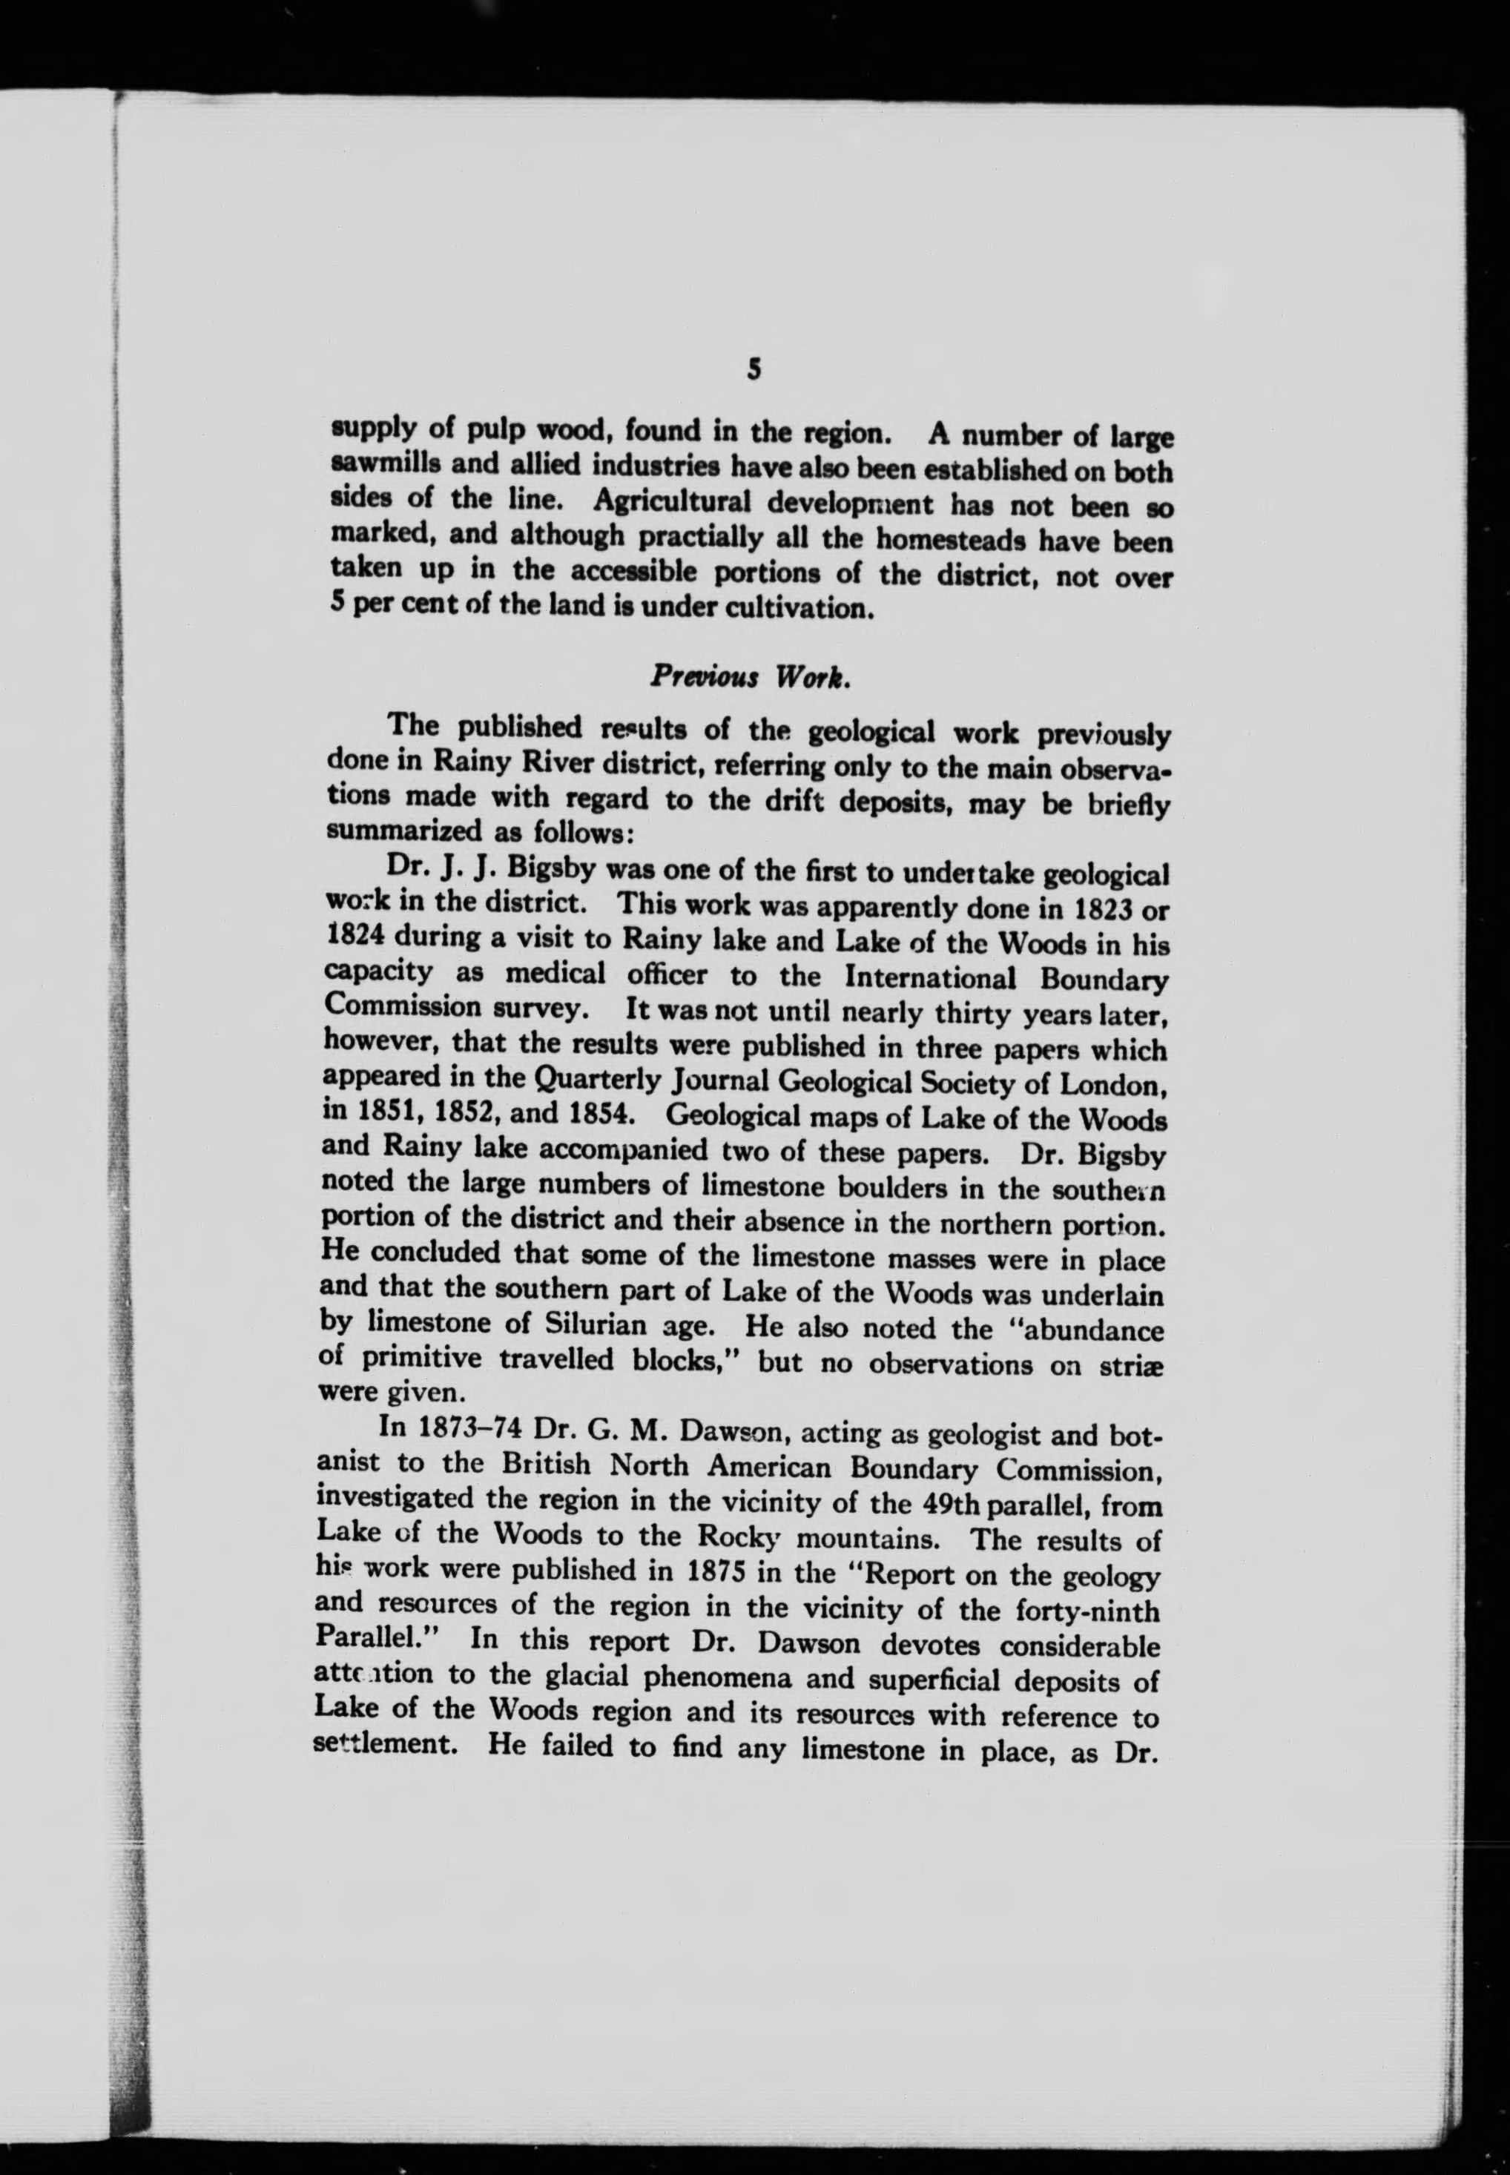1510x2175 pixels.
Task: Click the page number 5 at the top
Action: pos(753,369)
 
